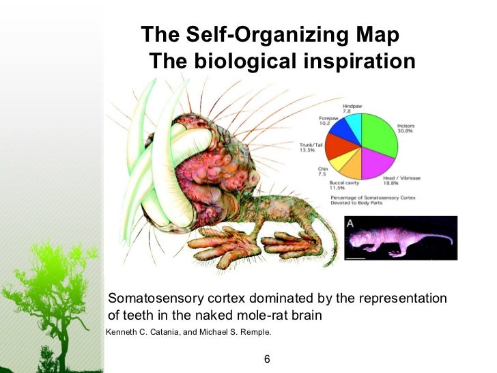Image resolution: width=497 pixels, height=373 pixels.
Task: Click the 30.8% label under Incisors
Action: (407, 132)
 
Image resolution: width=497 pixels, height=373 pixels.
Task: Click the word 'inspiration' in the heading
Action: (356, 61)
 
